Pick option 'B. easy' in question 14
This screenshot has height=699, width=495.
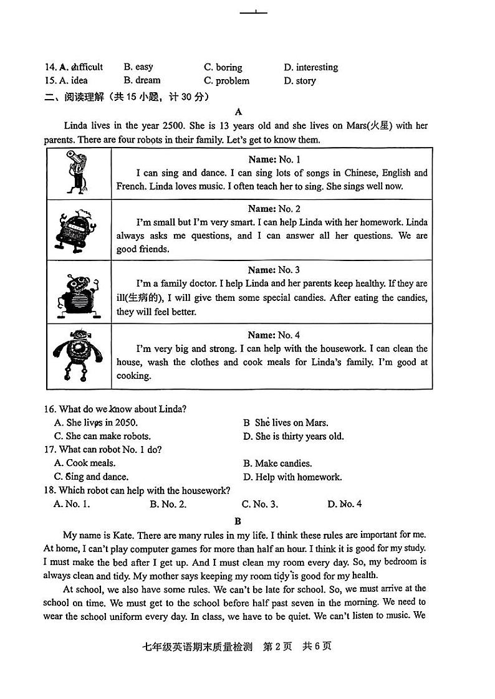click(x=138, y=67)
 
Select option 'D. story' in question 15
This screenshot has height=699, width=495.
click(x=299, y=80)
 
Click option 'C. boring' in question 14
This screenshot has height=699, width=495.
click(x=223, y=67)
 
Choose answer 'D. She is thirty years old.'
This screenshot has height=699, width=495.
click(x=293, y=436)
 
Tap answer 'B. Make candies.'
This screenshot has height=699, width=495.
click(x=277, y=463)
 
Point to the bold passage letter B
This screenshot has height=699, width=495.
click(x=238, y=521)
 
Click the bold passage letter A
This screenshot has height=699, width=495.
click(x=238, y=112)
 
